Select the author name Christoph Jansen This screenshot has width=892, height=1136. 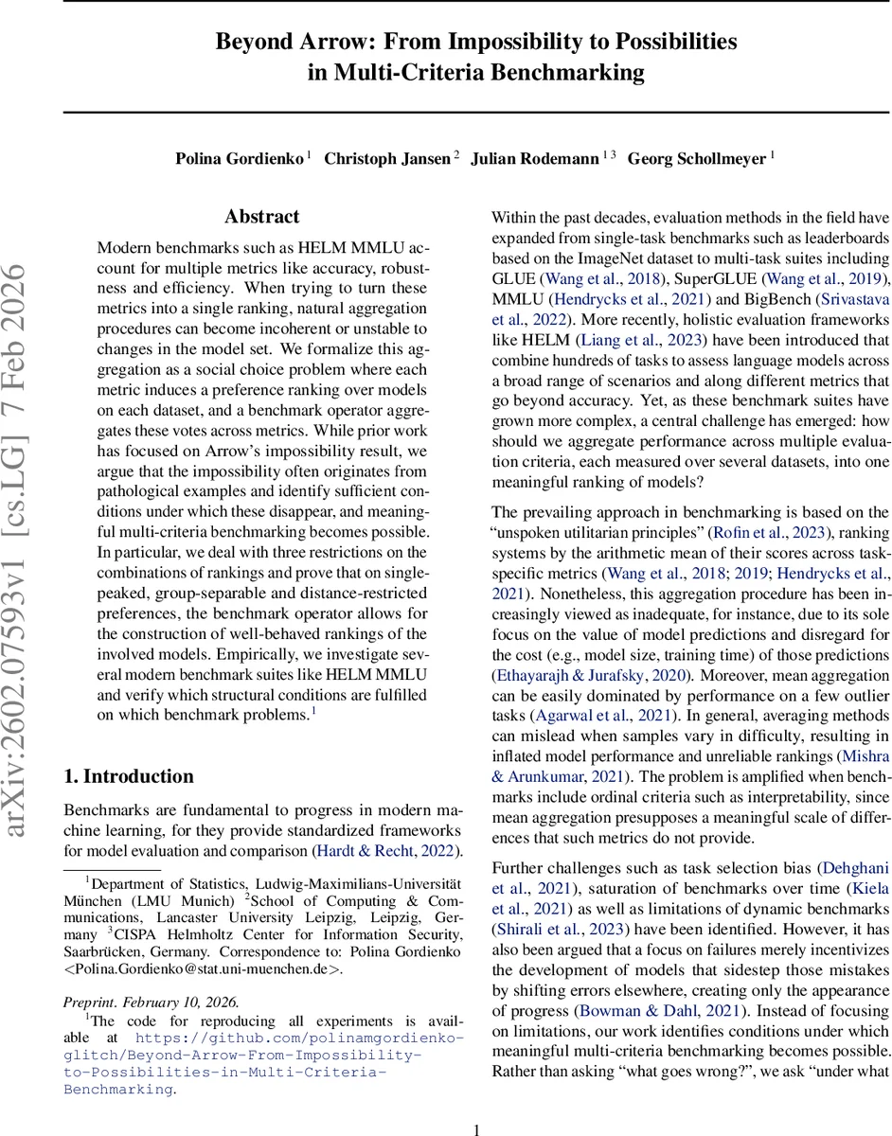pos(387,159)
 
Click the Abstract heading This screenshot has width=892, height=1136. pos(262,217)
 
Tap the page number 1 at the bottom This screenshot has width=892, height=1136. pos(477,1104)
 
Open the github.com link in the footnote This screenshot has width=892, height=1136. pos(265,1046)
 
